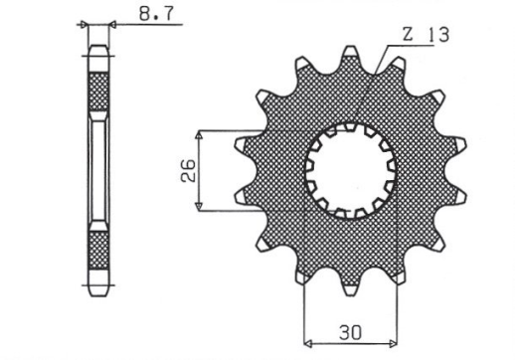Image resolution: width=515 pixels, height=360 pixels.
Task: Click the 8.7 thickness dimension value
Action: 146,17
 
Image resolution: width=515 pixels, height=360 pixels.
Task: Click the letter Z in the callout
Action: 408,35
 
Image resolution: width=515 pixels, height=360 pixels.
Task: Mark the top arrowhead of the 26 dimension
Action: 202,133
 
